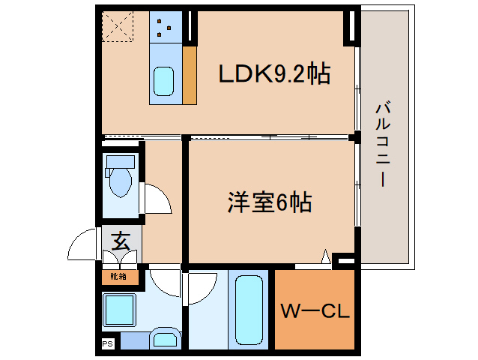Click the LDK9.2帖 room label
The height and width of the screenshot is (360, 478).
point(273,74)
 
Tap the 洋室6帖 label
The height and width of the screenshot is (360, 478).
point(270,202)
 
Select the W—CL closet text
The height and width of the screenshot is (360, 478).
point(315,311)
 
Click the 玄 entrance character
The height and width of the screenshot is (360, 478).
point(119,241)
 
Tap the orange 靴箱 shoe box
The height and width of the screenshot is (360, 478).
point(118,276)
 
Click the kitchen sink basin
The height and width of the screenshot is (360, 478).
point(164,81)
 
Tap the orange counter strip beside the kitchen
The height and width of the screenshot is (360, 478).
point(190,76)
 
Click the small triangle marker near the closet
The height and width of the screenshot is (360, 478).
point(325,258)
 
